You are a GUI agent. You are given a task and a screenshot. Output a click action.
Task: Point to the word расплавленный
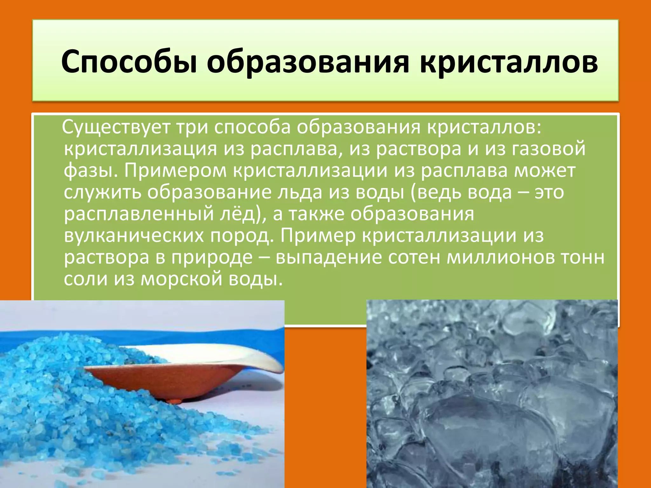138,214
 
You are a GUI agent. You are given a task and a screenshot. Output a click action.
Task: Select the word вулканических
134,236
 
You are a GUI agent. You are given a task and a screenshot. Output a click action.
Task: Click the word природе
212,257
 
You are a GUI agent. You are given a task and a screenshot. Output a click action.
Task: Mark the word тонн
582,257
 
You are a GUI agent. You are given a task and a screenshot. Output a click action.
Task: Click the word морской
181,279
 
